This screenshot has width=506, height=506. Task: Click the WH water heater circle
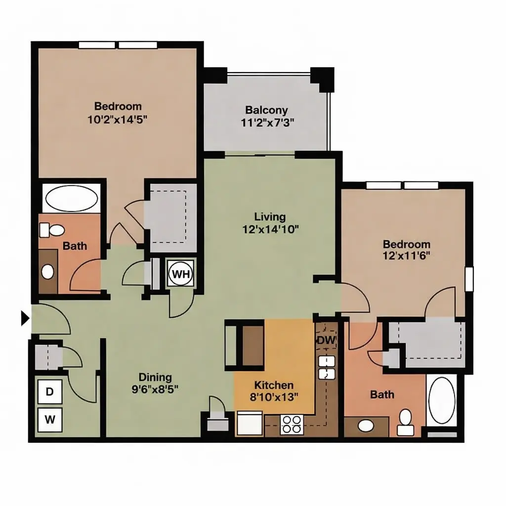click(181, 274)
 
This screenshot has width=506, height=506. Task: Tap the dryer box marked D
click(50, 392)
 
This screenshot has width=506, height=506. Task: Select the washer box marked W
click(50, 420)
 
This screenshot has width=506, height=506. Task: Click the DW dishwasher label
click(326, 340)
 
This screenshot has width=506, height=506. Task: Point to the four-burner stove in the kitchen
click(292, 424)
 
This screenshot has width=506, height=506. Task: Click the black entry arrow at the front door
click(25, 318)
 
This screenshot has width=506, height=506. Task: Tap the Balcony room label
click(266, 110)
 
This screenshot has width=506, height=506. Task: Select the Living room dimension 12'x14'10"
click(270, 229)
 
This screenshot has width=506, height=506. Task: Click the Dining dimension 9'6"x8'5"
click(155, 389)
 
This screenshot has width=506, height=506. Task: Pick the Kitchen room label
click(274, 385)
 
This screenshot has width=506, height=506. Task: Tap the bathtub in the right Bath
click(441, 400)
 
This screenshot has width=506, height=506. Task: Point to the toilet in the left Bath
click(52, 230)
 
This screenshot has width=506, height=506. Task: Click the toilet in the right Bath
click(405, 422)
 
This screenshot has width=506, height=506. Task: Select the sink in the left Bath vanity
click(48, 272)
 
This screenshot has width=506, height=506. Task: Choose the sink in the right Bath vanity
click(366, 426)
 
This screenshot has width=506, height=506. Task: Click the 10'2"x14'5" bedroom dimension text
click(118, 120)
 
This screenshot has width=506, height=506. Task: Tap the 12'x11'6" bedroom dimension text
click(406, 256)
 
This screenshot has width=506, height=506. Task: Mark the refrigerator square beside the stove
click(250, 423)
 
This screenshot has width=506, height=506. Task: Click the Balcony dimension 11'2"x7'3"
click(267, 123)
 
